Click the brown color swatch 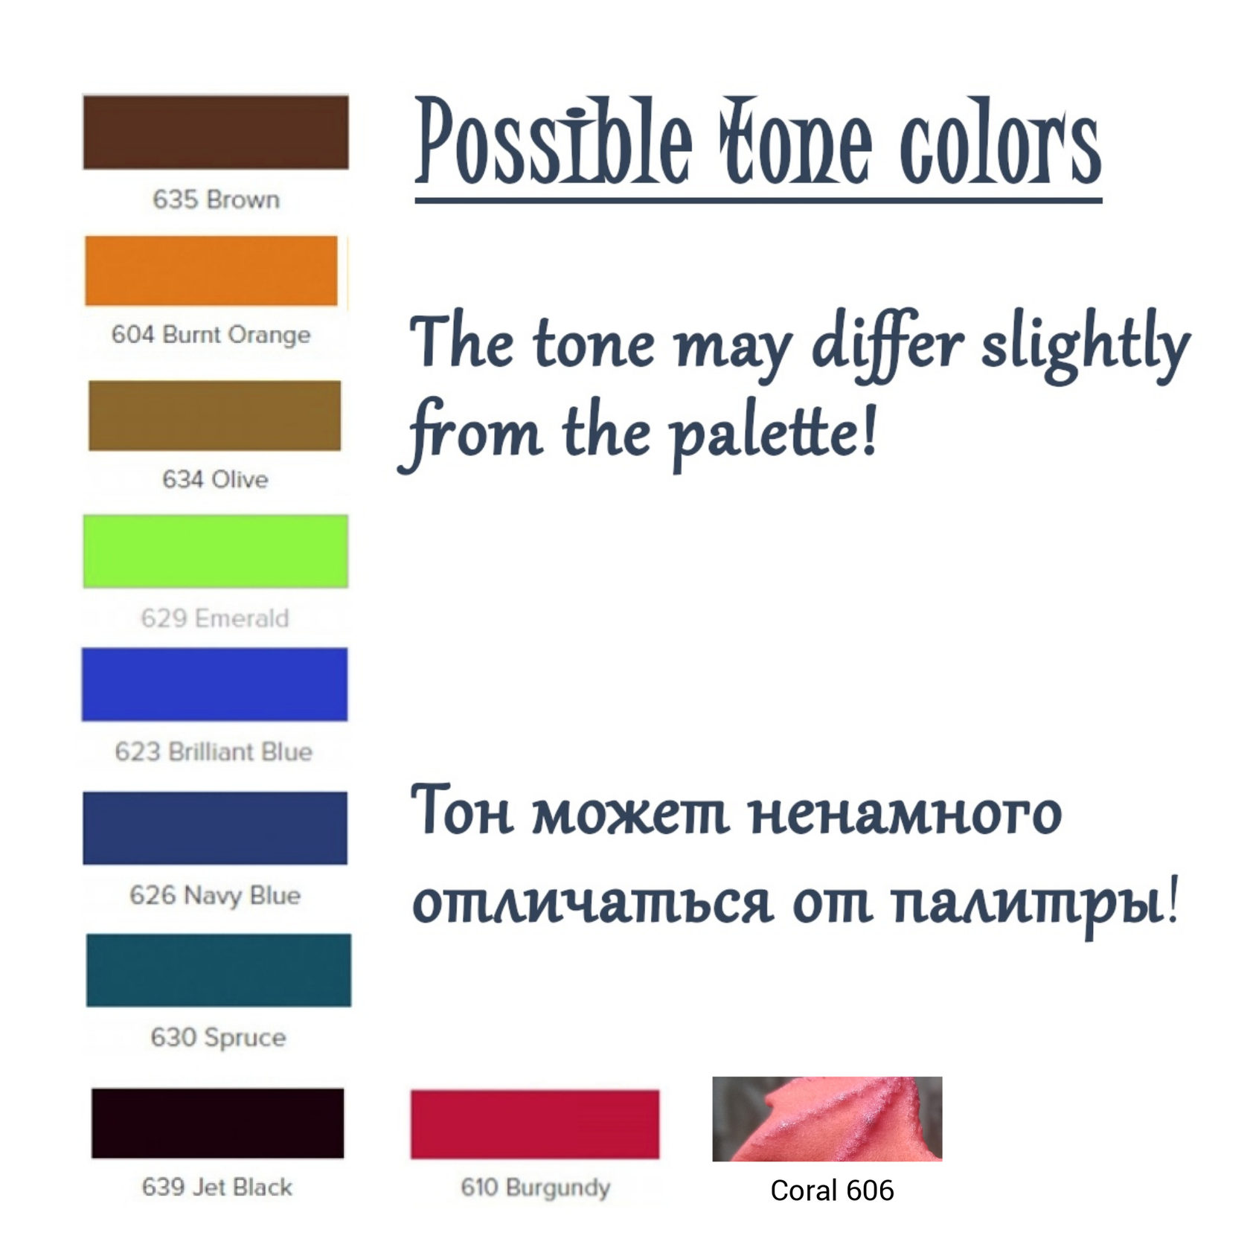216,132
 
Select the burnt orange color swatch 211,271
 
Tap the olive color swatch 215,415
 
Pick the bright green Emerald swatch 216,551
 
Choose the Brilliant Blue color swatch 214,685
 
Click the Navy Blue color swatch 215,828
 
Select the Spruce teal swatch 219,970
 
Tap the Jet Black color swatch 218,1123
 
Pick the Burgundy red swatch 535,1124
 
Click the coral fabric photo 827,1119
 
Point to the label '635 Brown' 216,199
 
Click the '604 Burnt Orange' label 211,335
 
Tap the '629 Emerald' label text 215,618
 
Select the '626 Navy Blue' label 215,895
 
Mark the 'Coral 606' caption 832,1190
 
